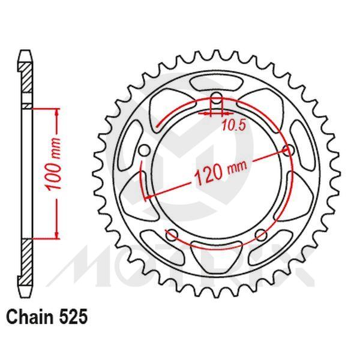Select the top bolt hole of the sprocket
217,100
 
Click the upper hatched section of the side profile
27,81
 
